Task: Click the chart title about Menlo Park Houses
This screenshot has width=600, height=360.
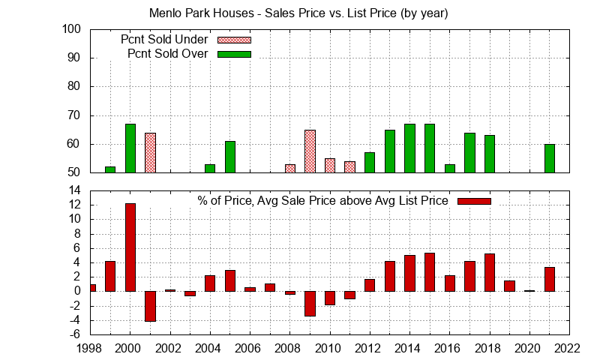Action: coord(299,13)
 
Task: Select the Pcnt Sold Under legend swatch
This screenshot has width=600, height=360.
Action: coord(234,40)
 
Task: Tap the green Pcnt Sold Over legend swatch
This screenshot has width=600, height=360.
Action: coord(234,54)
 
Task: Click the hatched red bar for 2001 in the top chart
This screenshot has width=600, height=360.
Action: coord(150,153)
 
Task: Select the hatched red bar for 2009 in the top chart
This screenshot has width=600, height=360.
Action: coord(310,151)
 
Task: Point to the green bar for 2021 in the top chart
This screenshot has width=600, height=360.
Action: coord(550,158)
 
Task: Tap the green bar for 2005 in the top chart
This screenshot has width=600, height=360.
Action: coord(229,157)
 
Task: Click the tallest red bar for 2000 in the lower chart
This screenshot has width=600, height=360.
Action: coord(130,247)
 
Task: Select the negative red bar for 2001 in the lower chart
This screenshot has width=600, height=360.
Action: coord(150,306)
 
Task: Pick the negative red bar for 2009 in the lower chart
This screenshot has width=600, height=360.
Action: coord(310,303)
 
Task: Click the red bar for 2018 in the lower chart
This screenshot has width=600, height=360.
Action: coord(490,272)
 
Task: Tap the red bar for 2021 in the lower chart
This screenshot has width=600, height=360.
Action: coord(550,279)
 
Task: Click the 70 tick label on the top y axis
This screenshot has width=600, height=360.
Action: coord(74,115)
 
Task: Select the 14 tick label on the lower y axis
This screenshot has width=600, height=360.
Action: coord(74,190)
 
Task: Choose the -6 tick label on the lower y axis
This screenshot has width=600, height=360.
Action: coord(74,334)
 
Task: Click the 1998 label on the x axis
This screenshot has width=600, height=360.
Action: coord(90,347)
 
